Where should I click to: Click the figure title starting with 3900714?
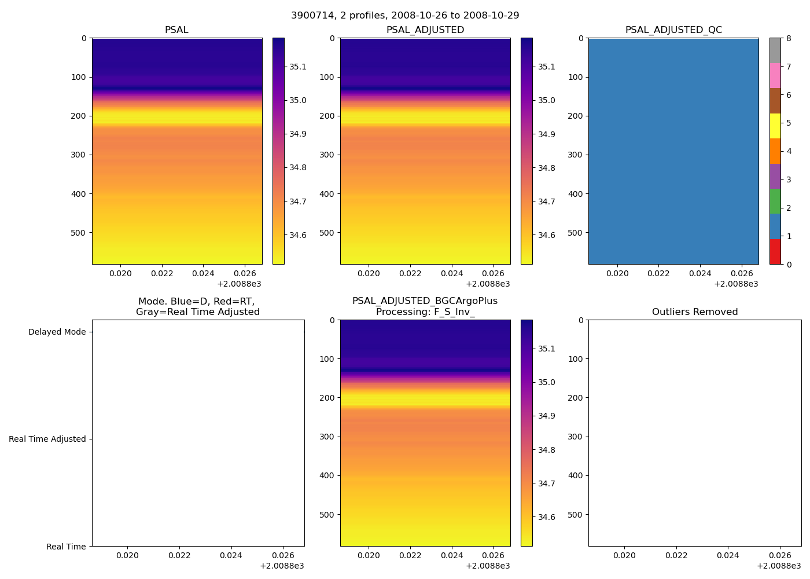click(x=405, y=16)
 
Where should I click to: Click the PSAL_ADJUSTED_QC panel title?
click(x=673, y=30)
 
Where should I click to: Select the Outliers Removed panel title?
click(x=695, y=312)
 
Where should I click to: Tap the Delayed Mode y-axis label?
click(x=57, y=332)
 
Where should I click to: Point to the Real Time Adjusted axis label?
click(x=47, y=439)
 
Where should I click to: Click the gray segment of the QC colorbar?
click(x=775, y=50)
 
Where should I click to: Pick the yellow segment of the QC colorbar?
click(x=775, y=126)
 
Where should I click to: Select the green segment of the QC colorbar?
click(x=775, y=201)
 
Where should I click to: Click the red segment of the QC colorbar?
click(x=775, y=252)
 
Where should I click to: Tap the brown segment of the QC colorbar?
click(x=775, y=101)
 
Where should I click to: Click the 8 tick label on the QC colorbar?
click(x=787, y=38)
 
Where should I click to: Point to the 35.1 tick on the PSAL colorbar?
click(x=298, y=67)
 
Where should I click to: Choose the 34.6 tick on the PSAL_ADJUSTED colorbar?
click(x=546, y=235)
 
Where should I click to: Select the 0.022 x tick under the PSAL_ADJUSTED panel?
click(x=410, y=274)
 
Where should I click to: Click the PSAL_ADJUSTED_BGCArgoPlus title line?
click(x=425, y=301)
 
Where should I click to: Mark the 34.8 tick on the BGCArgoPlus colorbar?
click(x=546, y=450)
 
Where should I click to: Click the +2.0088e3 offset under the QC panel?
click(x=736, y=284)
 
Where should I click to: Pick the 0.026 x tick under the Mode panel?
click(x=282, y=556)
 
